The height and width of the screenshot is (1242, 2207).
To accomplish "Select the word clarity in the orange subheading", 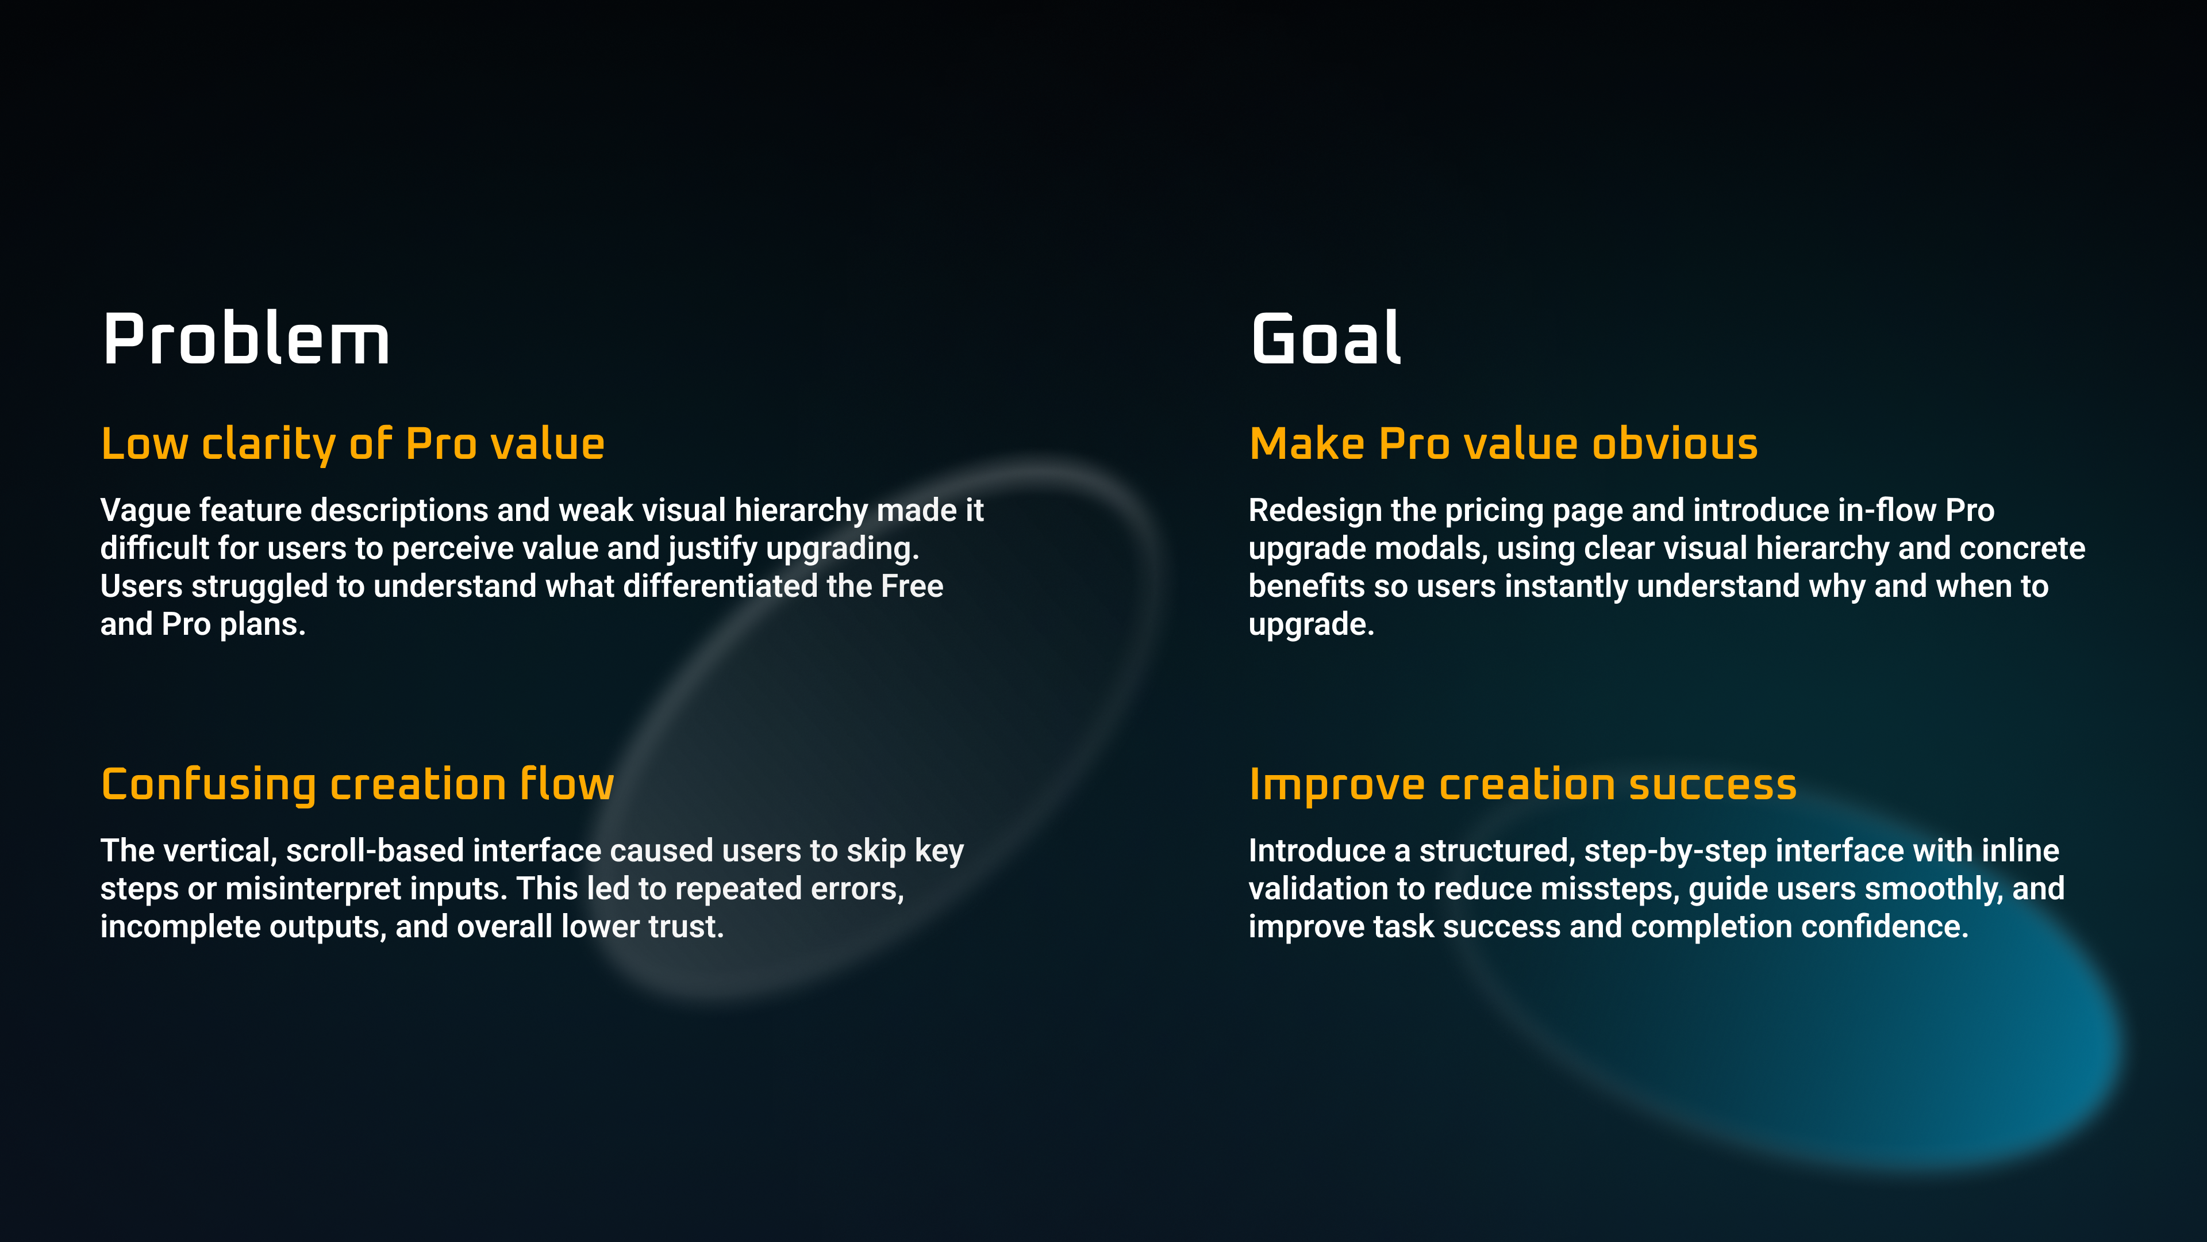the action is (x=268, y=445).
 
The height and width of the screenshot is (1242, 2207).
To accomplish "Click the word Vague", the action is (x=145, y=511).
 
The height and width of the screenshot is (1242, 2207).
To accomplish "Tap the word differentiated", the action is (x=720, y=586).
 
